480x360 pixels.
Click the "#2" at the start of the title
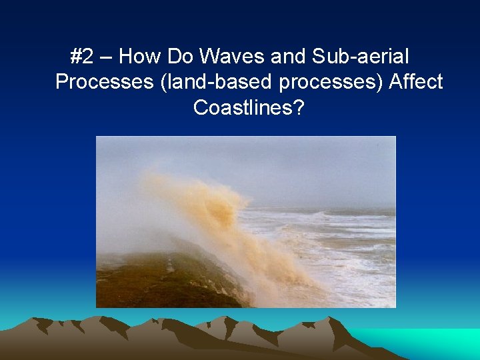tap(81, 57)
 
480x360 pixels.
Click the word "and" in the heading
tap(275, 57)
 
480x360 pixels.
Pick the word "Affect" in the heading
tap(416, 82)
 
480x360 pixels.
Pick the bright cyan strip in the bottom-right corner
tap(433, 340)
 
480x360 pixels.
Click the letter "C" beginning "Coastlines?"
tap(200, 107)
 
